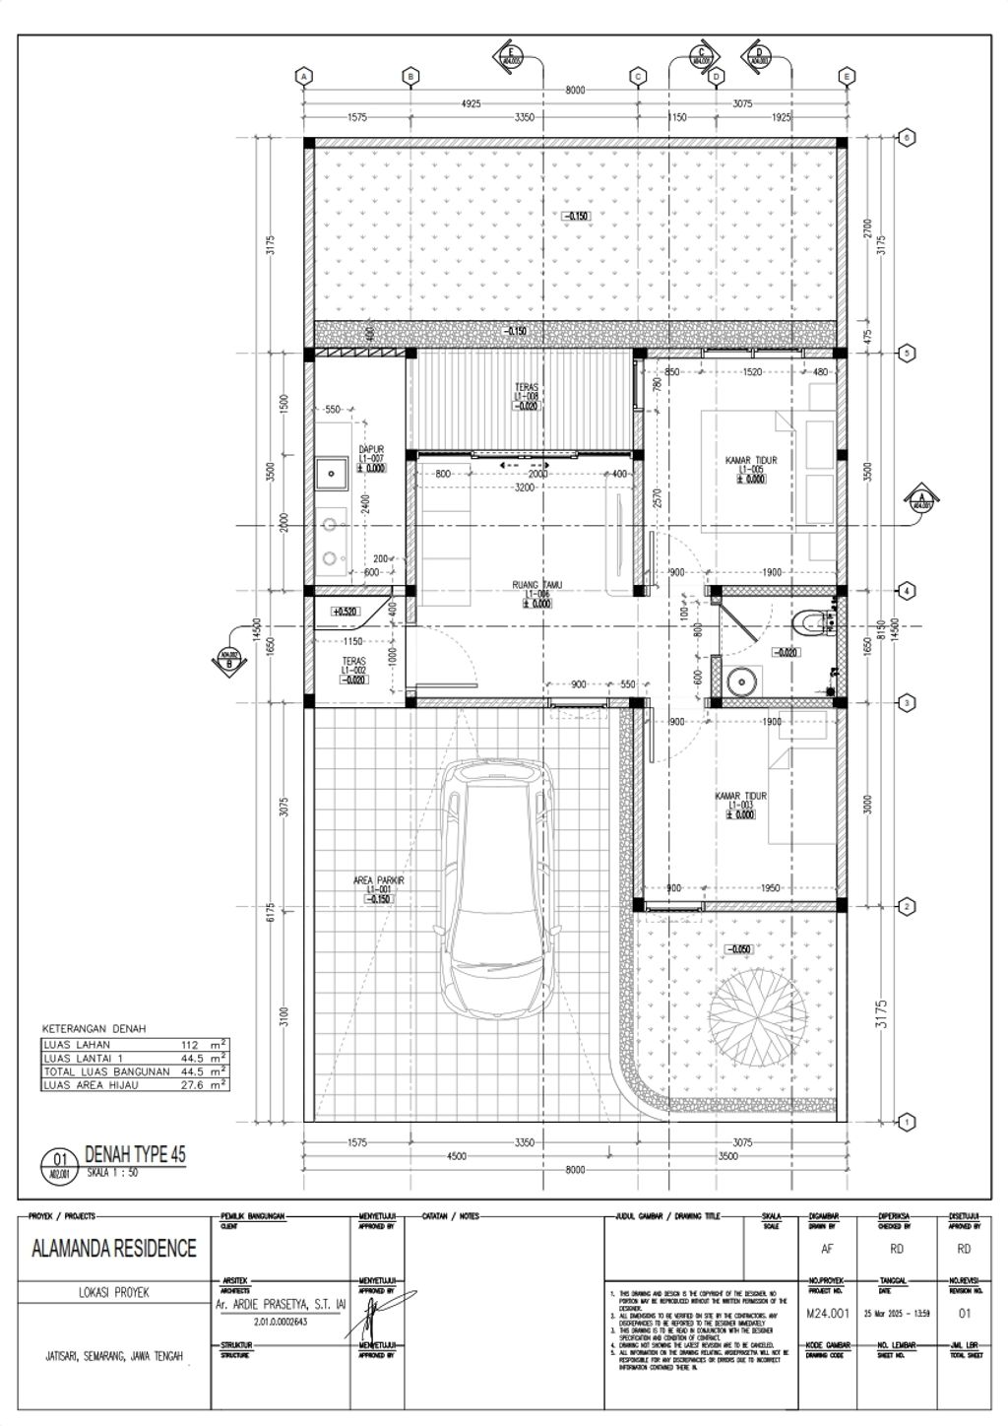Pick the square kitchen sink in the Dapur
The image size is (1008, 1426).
pyautogui.click(x=332, y=474)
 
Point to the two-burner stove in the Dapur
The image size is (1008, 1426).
pyautogui.click(x=332, y=539)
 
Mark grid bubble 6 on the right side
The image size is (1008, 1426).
pyautogui.click(x=907, y=138)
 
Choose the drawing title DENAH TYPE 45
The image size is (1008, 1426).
pyautogui.click(x=135, y=1154)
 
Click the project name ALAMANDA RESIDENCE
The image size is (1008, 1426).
pyautogui.click(x=114, y=1249)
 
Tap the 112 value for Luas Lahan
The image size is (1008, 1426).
pyautogui.click(x=190, y=1045)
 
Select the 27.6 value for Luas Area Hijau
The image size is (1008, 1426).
pyautogui.click(x=189, y=1084)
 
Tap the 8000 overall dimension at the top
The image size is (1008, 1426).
pyautogui.click(x=575, y=90)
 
